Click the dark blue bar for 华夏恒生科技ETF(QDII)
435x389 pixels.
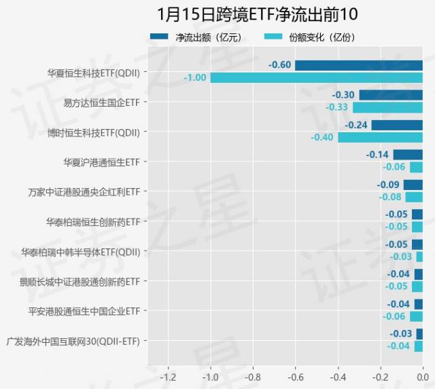coord(358,65)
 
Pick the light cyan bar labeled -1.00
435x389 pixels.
coord(316,77)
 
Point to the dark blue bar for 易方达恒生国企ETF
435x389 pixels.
coord(391,95)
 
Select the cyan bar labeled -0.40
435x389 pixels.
coord(380,137)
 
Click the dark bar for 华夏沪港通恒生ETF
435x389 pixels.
coord(408,155)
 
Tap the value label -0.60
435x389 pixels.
coord(280,65)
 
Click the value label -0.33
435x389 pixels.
coord(336,107)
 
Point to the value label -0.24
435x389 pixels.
coord(355,125)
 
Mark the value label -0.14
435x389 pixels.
coord(377,155)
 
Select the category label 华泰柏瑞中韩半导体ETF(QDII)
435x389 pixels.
coord(80,251)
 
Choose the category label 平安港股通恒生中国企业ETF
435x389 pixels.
coord(80,311)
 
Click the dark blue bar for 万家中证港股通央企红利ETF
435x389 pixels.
coord(413,185)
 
